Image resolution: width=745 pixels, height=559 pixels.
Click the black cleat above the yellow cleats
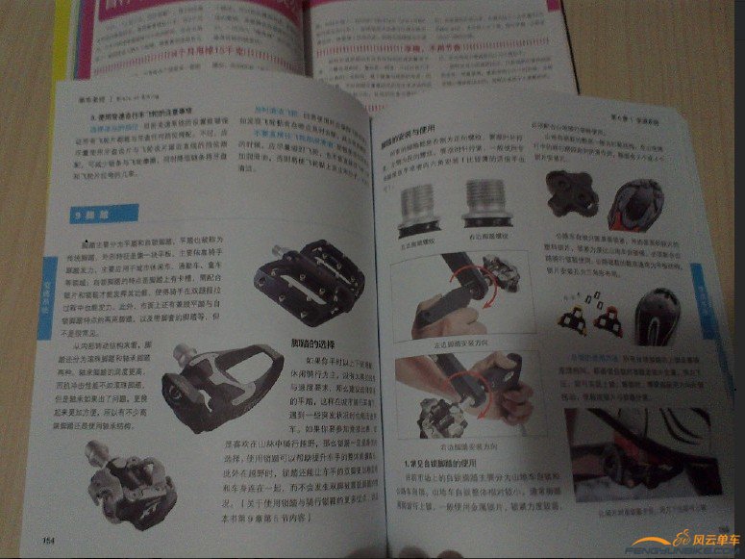pyautogui.click(x=571, y=196)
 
